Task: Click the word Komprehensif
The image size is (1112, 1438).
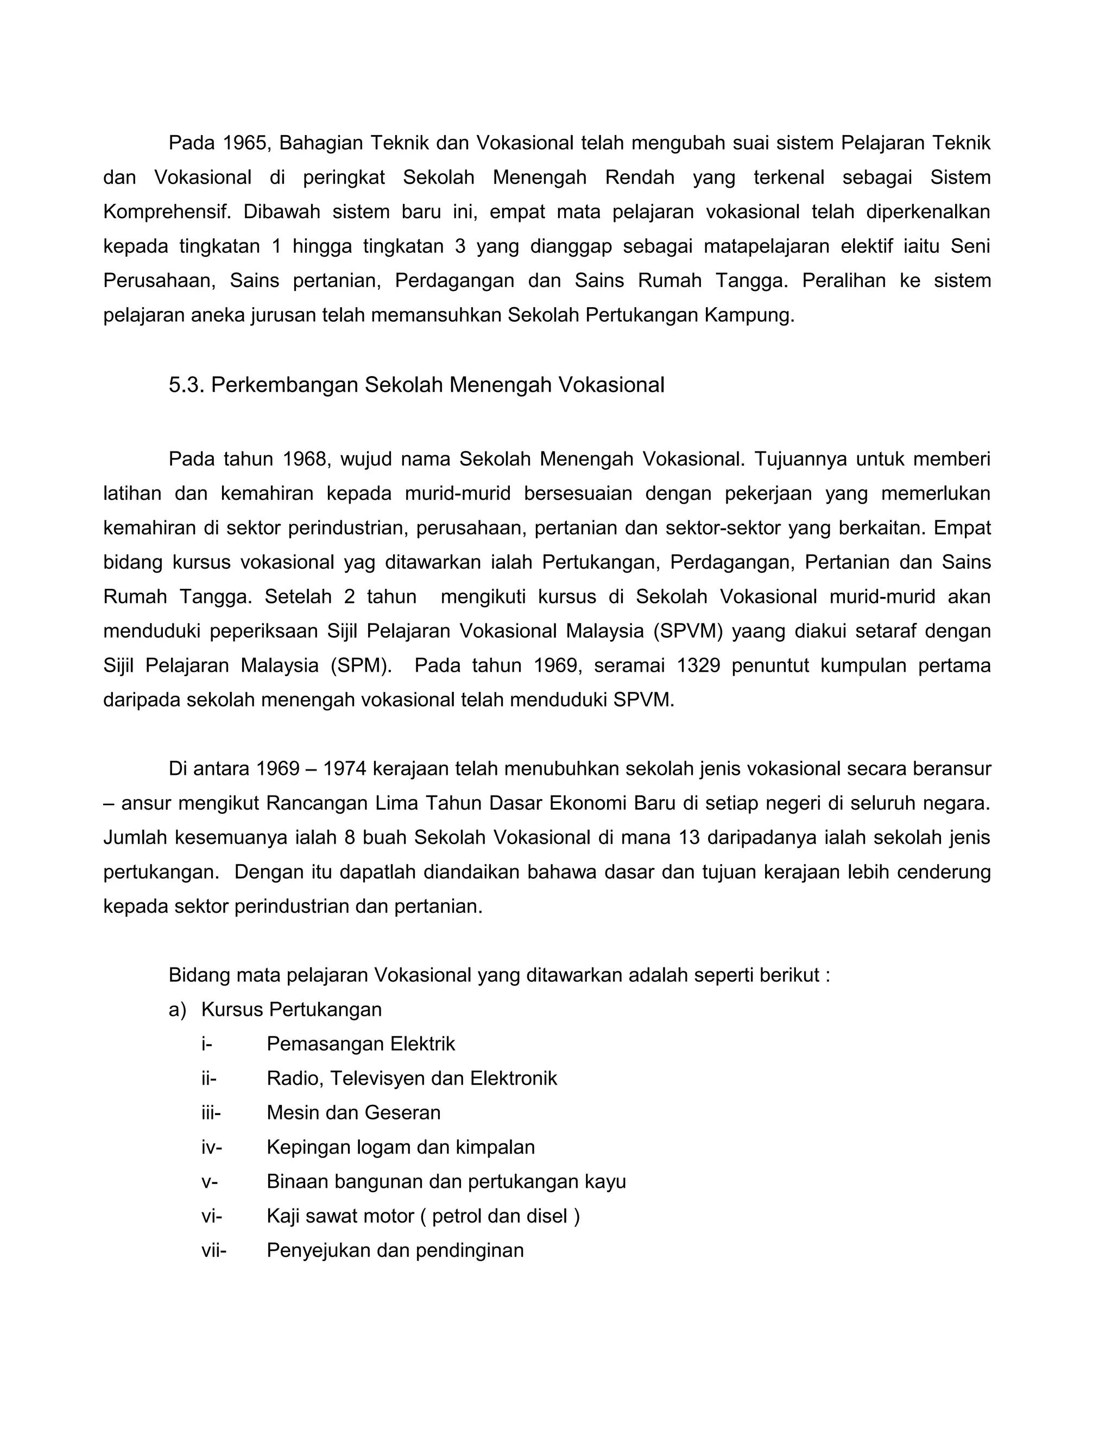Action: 167,212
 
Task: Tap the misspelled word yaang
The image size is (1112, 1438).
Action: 757,632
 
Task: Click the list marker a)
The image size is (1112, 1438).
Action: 177,1010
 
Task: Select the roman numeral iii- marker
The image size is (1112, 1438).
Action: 211,1113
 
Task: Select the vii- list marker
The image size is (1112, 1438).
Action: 213,1250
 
